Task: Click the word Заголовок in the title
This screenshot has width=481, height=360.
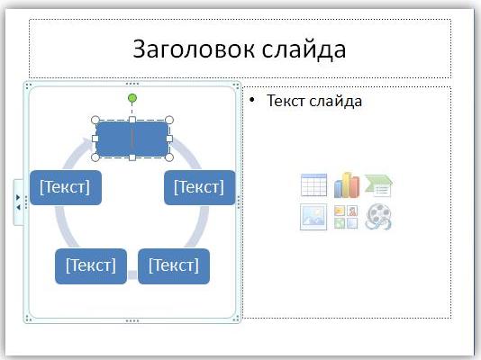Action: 194,49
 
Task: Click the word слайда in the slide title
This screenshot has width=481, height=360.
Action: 304,49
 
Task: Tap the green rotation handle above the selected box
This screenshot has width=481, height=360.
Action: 132,98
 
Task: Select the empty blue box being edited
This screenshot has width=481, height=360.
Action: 132,139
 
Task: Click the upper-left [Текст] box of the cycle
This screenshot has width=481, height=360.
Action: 66,187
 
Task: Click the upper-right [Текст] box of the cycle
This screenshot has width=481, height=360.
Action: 200,187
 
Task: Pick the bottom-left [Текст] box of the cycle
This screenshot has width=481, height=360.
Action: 91,265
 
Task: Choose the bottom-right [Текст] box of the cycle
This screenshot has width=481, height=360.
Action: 174,265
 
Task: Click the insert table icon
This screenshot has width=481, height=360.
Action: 313,185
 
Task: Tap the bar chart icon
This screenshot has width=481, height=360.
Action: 346,185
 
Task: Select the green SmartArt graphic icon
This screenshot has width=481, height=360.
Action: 379,185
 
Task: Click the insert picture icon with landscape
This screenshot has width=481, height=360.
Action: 313,217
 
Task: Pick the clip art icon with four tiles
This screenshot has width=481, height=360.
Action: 346,217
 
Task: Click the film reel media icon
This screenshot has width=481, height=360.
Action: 378,217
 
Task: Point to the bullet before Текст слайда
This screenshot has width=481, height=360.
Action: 252,100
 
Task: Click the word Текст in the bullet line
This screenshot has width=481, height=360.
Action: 286,101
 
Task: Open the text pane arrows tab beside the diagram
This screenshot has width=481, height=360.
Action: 18,202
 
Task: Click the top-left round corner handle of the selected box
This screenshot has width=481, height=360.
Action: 95,120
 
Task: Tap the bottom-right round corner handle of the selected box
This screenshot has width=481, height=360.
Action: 169,157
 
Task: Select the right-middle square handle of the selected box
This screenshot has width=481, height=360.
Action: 169,139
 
